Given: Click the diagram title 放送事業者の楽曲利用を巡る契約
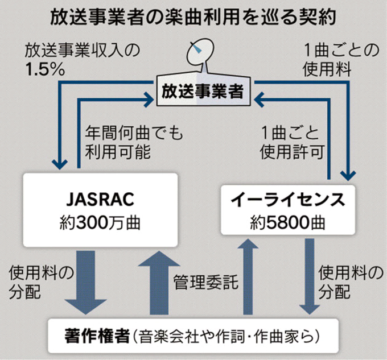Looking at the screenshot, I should point(193,15).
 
